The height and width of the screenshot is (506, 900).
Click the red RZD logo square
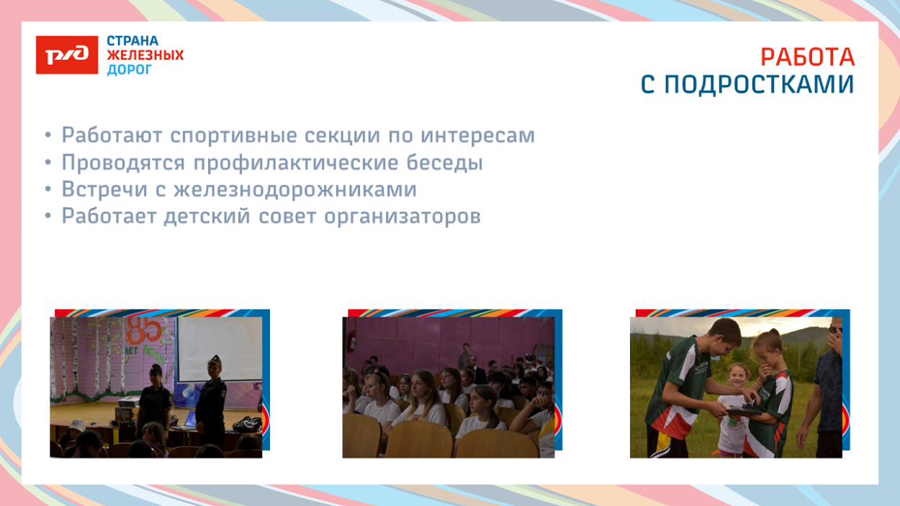point(67,55)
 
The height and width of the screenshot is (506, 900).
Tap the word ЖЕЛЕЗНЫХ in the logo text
point(145,55)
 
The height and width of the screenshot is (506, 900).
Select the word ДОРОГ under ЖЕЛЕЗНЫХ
point(130,70)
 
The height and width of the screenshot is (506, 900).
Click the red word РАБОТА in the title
point(807,57)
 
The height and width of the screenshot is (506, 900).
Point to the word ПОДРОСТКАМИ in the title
point(758,85)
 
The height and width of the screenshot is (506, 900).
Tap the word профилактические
point(288,163)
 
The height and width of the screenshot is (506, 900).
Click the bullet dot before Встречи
point(48,190)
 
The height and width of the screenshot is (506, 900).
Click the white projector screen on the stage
point(220,349)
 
